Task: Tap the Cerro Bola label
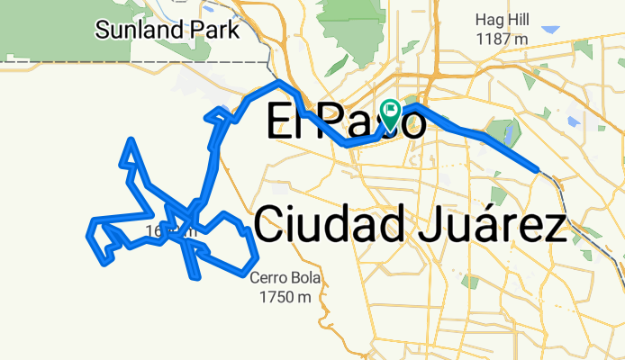click(x=285, y=278)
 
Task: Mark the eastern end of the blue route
click(x=537, y=168)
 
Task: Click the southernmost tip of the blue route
click(x=195, y=277)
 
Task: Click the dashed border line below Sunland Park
click(x=135, y=61)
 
